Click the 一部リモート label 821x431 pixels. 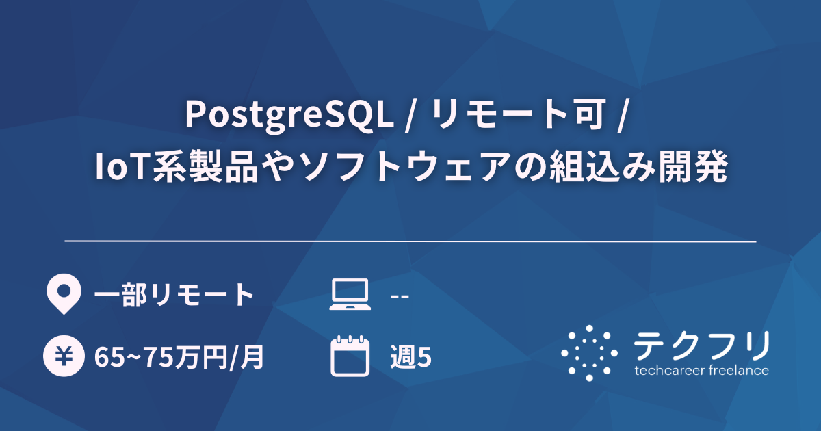tap(174, 296)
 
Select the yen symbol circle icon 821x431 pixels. tap(63, 356)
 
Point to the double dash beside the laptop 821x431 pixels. tap(400, 296)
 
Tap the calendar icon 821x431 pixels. tap(350, 356)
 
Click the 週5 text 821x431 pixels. tap(410, 357)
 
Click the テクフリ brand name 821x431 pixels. tap(702, 346)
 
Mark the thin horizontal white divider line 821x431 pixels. tap(410, 241)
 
